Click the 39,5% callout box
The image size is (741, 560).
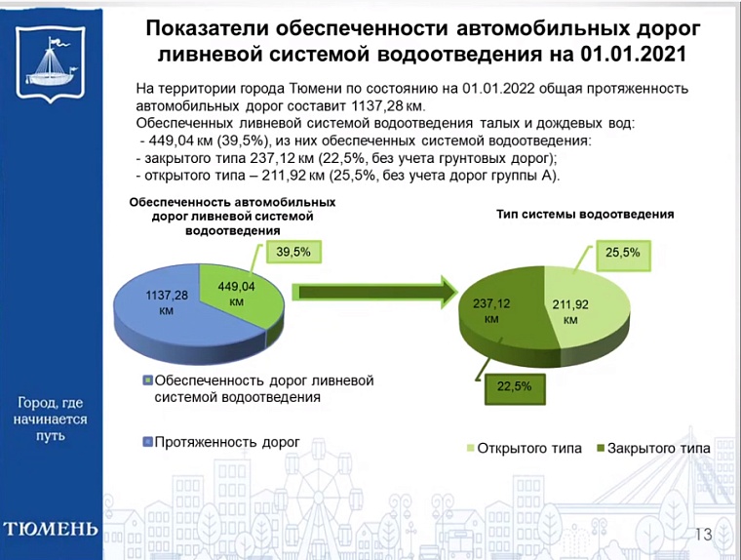[292, 252]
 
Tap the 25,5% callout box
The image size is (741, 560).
[622, 253]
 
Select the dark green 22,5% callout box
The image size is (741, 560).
[514, 386]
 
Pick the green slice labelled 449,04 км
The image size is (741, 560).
[239, 292]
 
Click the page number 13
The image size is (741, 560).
[702, 534]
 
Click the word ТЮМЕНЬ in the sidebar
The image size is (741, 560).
[51, 530]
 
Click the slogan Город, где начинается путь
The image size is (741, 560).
[52, 419]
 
